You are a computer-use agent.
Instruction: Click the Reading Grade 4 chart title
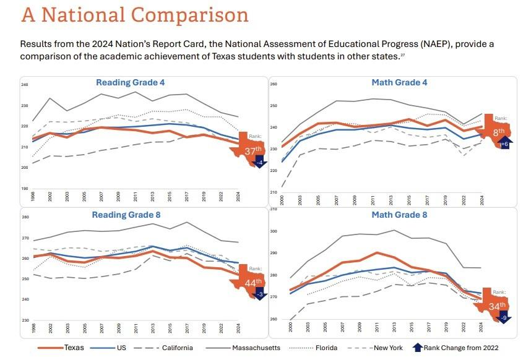(130, 82)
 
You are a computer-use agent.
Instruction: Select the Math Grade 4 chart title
(399, 82)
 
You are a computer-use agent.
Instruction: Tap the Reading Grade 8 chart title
(130, 215)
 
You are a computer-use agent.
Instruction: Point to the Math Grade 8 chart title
(399, 215)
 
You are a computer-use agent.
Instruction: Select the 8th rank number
(499, 131)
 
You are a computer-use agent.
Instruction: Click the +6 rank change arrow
(504, 144)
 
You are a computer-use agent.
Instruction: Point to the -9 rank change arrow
(504, 318)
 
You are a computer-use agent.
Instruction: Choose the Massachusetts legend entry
(256, 348)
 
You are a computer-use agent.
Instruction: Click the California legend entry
(178, 348)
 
